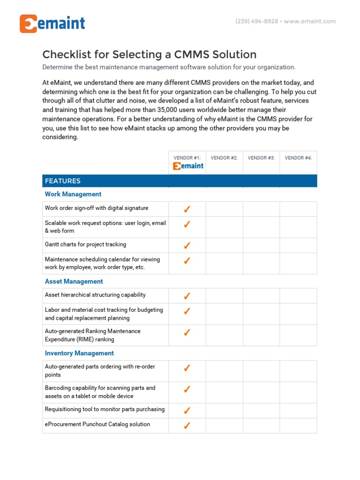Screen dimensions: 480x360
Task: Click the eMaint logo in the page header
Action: [x=52, y=23]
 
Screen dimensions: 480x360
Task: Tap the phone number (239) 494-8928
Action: [x=256, y=21]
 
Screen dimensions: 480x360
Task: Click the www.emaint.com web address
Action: [x=310, y=21]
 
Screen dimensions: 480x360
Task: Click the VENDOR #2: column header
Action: [x=224, y=158]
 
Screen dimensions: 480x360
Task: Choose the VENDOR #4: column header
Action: [x=298, y=158]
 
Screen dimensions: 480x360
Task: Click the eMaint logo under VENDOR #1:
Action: [x=188, y=166]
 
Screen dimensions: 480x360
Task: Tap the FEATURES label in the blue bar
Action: [x=62, y=181]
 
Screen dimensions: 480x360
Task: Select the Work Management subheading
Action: [x=73, y=194]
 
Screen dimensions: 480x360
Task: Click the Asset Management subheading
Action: [x=74, y=281]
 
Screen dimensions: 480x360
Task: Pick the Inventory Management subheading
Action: [x=79, y=353]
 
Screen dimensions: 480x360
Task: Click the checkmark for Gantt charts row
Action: [x=187, y=245]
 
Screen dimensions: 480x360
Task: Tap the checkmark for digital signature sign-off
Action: [x=187, y=209]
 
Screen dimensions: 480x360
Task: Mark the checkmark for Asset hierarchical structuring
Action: [x=187, y=296]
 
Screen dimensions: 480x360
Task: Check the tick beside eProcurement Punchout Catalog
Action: [x=187, y=426]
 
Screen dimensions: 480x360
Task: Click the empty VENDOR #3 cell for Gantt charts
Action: [x=261, y=245]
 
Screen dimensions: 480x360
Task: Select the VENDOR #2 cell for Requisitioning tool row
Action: [x=224, y=411]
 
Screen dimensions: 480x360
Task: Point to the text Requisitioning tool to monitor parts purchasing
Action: [x=105, y=410]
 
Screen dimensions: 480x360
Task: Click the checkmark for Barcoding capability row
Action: [x=187, y=389]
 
